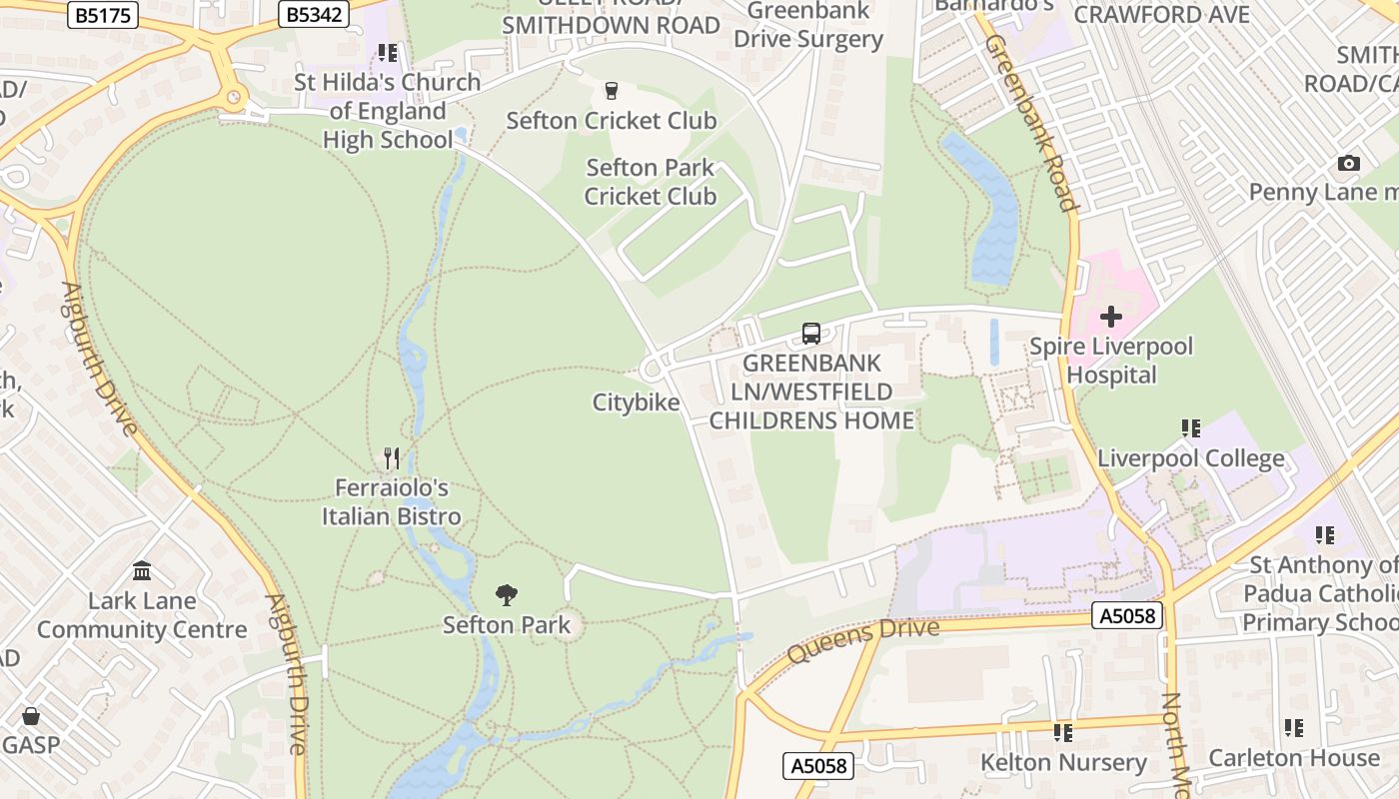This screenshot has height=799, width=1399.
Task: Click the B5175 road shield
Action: [103, 14]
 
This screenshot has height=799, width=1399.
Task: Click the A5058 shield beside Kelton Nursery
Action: [817, 766]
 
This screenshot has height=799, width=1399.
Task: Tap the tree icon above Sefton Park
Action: [507, 595]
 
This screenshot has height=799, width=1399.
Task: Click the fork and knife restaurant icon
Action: [392, 458]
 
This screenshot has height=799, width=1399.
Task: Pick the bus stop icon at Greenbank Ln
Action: [811, 334]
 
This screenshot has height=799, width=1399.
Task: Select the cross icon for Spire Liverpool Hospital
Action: [1110, 318]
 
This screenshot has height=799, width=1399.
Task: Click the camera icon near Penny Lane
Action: [1348, 164]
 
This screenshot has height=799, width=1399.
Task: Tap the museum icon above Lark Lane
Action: [142, 571]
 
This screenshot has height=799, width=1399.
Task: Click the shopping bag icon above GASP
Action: [31, 716]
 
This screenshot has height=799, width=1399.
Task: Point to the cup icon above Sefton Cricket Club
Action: [612, 92]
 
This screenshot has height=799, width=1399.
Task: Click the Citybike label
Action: [636, 402]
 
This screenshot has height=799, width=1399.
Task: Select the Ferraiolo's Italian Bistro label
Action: [392, 502]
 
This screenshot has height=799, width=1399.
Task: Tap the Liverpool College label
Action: [1191, 458]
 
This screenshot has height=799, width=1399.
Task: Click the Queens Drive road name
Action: [863, 640]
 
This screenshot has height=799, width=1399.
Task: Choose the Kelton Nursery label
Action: [1063, 762]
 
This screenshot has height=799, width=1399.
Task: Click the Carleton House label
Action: [1294, 758]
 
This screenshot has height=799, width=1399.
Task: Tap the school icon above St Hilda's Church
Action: [387, 53]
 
